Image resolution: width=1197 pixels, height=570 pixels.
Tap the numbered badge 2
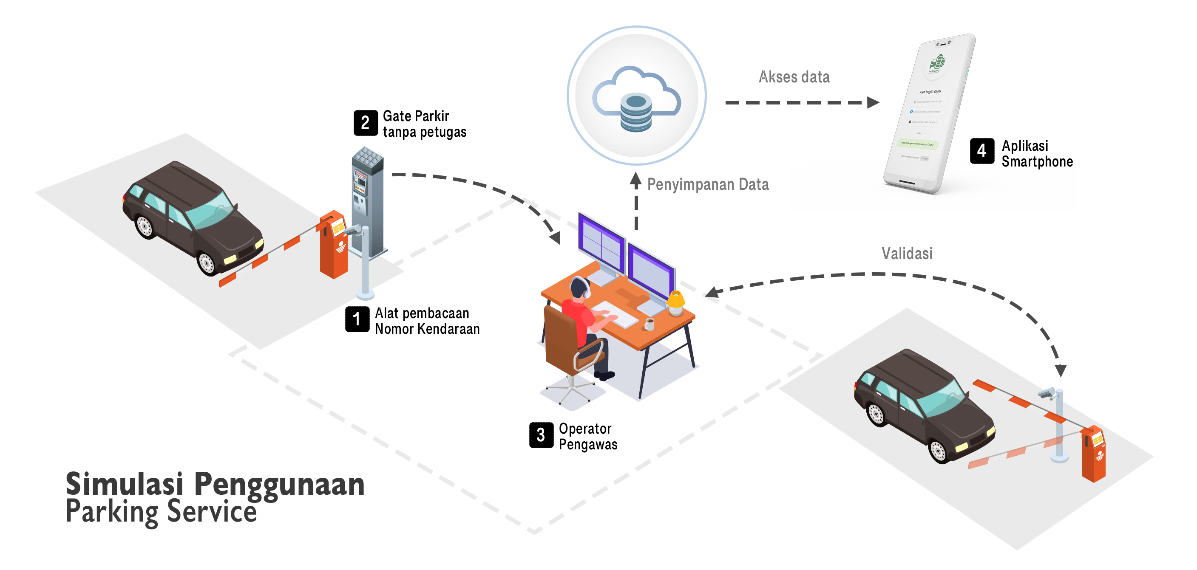[x=365, y=123]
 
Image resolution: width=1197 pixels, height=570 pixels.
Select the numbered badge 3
[x=541, y=435]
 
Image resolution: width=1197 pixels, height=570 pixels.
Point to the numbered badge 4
[x=981, y=151]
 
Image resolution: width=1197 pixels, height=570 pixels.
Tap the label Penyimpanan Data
[x=708, y=185]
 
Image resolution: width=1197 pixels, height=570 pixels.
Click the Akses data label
[x=794, y=77]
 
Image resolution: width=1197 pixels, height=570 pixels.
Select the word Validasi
[x=907, y=254]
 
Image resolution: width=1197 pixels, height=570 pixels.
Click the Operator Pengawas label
[x=588, y=436]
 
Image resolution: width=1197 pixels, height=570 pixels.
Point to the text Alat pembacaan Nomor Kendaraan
[x=427, y=321]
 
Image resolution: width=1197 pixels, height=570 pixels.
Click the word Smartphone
[x=1037, y=162]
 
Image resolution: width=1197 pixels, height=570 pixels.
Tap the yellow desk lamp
[x=675, y=303]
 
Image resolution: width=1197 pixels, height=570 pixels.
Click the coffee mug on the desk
[x=650, y=324]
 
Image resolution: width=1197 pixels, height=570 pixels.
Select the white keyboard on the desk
[x=615, y=314]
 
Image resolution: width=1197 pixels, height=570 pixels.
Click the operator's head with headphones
[x=580, y=288]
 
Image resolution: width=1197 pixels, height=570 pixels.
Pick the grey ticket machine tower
[x=367, y=200]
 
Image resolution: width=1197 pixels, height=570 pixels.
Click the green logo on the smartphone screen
[x=937, y=64]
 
